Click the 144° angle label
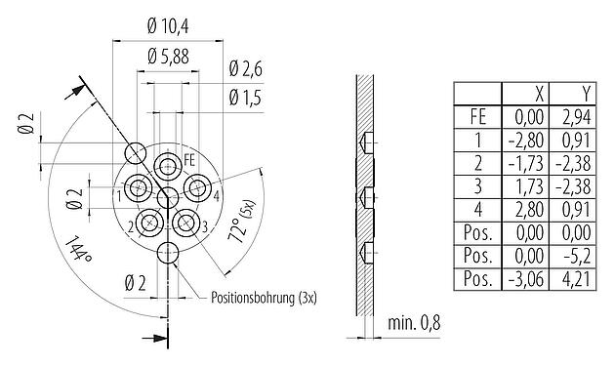(x=79, y=255)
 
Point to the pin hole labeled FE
(x=169, y=161)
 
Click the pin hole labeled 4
(x=199, y=187)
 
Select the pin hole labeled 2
(x=149, y=223)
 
